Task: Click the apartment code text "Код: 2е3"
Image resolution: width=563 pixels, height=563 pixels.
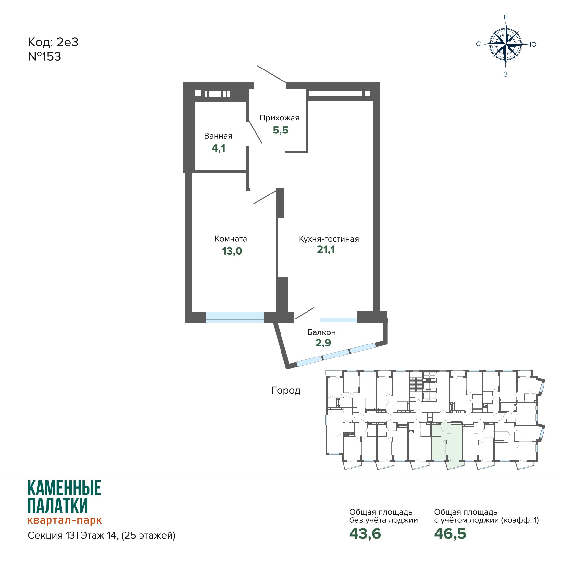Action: (x=53, y=42)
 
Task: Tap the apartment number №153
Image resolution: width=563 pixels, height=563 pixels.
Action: (x=44, y=56)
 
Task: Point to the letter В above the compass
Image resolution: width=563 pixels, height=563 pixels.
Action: (x=506, y=17)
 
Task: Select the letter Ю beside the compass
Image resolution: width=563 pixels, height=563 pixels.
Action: (x=533, y=44)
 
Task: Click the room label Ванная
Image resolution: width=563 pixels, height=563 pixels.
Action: (x=218, y=136)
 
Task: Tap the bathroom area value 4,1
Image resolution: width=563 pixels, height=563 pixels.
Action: (x=219, y=148)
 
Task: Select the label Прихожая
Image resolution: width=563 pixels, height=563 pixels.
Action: (x=280, y=118)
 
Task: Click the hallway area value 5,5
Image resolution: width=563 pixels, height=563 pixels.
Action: (x=281, y=130)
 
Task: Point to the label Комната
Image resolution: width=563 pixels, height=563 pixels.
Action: (x=231, y=239)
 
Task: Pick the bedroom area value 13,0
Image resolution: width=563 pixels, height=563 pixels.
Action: (x=232, y=251)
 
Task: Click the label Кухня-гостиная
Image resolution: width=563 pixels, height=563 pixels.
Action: (x=329, y=239)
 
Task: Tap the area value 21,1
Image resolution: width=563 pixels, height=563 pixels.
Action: (x=326, y=249)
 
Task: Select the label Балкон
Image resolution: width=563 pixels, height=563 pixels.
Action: (x=321, y=332)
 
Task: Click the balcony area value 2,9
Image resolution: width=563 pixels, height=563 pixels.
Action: (x=323, y=343)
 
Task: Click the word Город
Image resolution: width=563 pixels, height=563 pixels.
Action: (x=286, y=390)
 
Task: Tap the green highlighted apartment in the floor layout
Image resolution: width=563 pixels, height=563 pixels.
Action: (x=447, y=443)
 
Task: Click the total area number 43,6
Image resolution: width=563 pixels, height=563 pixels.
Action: (x=365, y=533)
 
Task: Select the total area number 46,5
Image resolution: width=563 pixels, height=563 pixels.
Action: (x=450, y=533)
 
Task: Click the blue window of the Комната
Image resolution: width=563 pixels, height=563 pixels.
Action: (x=235, y=317)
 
